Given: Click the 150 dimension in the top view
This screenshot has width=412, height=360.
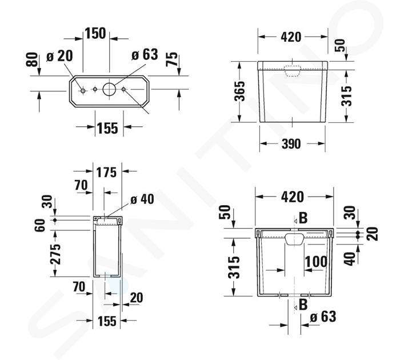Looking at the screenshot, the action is [95, 33].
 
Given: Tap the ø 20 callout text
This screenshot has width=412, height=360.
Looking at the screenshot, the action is [59, 56].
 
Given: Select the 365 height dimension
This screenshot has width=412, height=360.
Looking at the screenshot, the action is [239, 91].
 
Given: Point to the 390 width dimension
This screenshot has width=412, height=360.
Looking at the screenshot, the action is [291, 144].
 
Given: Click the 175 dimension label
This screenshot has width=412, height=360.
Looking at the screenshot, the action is [106, 173].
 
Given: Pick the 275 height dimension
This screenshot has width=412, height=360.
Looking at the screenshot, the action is [55, 254].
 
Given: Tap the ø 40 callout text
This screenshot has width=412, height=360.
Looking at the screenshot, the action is [142, 199].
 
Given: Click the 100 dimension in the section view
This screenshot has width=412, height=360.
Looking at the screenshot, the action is [316, 262].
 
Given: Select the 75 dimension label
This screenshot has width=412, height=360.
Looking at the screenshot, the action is [172, 59].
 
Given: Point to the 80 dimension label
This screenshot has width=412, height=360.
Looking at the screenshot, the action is [32, 60].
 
